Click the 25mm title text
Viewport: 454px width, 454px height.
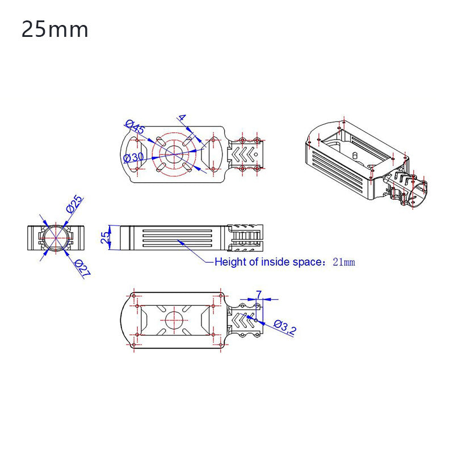pos(55,30)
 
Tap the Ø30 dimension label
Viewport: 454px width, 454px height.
pos(133,157)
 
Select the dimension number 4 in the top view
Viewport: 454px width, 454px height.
pos(182,118)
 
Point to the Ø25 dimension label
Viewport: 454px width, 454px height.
pos(74,204)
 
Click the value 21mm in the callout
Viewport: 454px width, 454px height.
pos(343,262)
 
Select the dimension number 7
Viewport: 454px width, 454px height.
pos(259,294)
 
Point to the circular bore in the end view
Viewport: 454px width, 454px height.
pos(56,238)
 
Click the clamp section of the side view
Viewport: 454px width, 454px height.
pos(246,238)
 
